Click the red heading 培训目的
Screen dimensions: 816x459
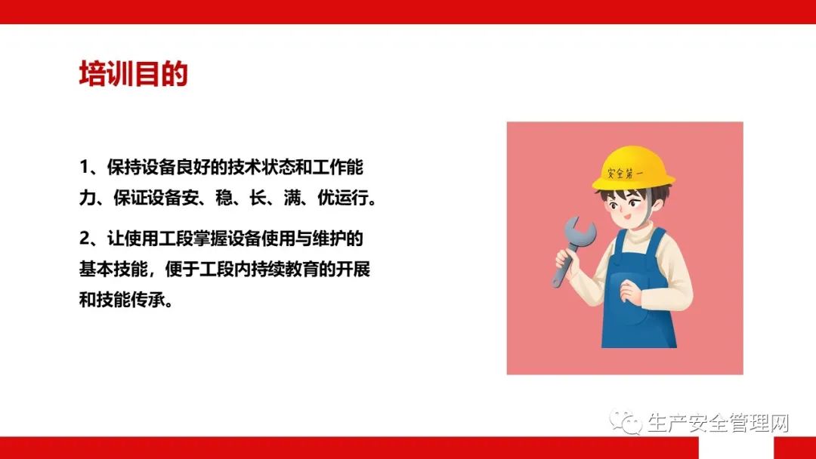[133, 74]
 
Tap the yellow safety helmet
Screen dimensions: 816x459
[633, 168]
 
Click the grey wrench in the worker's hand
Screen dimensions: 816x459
[573, 248]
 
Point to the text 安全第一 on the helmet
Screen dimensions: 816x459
[625, 172]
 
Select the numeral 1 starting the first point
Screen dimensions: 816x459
[84, 168]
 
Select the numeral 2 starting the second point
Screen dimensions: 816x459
[85, 239]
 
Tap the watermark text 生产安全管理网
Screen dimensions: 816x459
[719, 423]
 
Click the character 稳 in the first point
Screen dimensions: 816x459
[224, 198]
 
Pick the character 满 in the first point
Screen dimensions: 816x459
[292, 198]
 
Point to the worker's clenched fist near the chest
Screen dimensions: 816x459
[631, 293]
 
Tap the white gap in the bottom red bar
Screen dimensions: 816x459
[736, 448]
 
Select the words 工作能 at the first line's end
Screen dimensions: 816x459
[338, 168]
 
